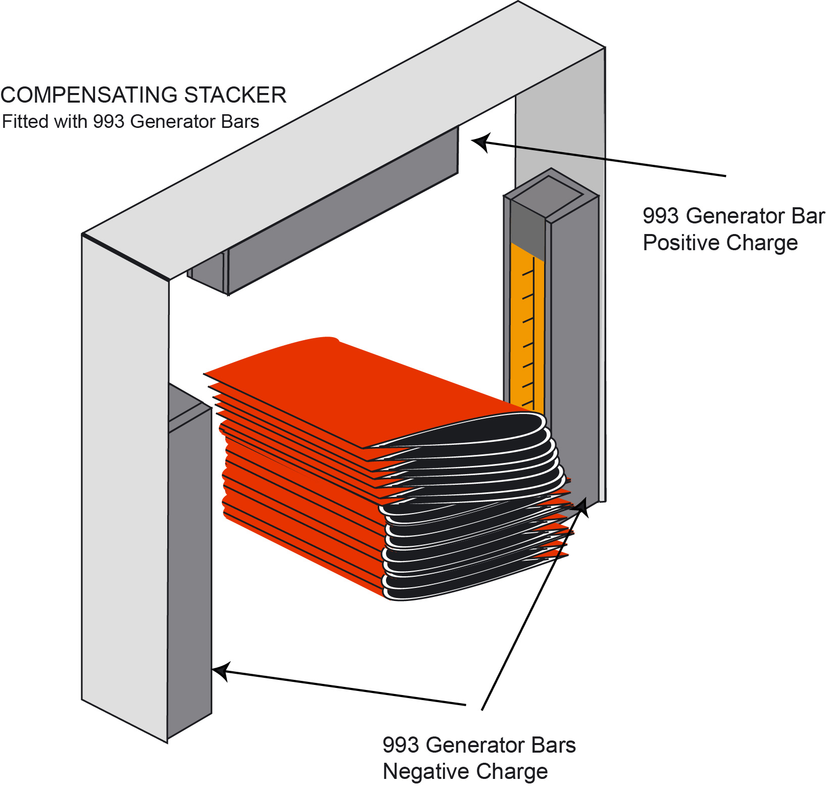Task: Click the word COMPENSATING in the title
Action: pos(88,95)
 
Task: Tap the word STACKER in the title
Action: pos(235,95)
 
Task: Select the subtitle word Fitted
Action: pos(22,122)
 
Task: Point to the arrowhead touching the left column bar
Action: pos(221,671)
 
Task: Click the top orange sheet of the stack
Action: pos(354,389)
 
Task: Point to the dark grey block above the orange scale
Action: pos(527,230)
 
